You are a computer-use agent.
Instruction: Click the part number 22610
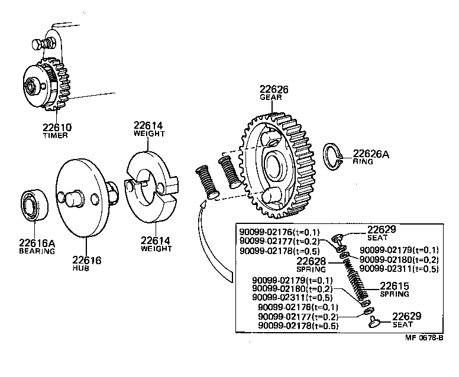pyautogui.click(x=56, y=126)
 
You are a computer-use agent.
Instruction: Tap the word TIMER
pyautogui.click(x=56, y=135)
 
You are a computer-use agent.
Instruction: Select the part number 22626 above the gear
pyautogui.click(x=274, y=89)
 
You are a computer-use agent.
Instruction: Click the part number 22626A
pyautogui.click(x=371, y=154)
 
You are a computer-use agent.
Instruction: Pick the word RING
pyautogui.click(x=363, y=161)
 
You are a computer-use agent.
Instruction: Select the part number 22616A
pyautogui.click(x=37, y=242)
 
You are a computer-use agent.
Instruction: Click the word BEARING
pyautogui.click(x=36, y=251)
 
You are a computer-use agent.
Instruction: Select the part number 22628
pyautogui.click(x=311, y=261)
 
